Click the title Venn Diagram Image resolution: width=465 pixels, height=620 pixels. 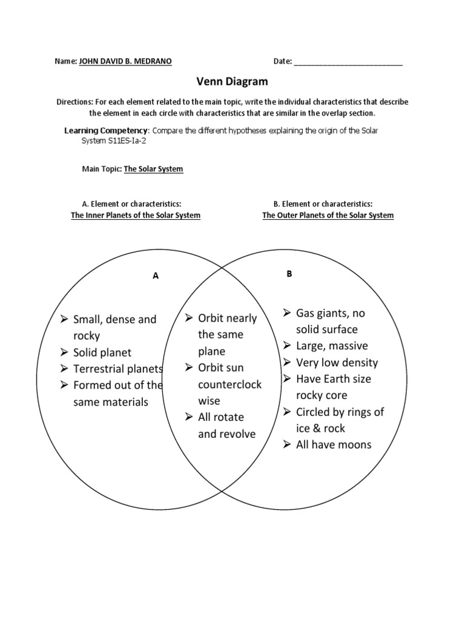click(232, 81)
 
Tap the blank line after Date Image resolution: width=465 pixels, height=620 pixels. click(348, 62)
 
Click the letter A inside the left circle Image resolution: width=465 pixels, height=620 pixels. click(156, 275)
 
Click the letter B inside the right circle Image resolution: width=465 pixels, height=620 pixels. click(289, 274)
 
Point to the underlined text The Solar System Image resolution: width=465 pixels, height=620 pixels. click(153, 169)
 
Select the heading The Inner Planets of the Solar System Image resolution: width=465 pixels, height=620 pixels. click(136, 215)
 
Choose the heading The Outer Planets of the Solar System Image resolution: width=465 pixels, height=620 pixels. click(328, 215)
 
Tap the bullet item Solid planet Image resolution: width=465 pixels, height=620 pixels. click(102, 352)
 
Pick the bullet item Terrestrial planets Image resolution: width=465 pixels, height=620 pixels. click(118, 369)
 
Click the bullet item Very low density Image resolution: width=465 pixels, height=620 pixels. click(337, 363)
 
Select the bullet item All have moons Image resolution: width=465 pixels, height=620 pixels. click(334, 444)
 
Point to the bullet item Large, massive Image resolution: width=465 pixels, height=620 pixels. click(332, 346)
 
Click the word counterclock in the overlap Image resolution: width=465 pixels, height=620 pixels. click(229, 384)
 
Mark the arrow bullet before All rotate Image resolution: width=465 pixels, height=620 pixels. click(189, 417)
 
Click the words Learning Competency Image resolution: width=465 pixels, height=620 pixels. click(105, 131)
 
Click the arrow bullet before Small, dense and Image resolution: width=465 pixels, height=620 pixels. click(64, 319)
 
